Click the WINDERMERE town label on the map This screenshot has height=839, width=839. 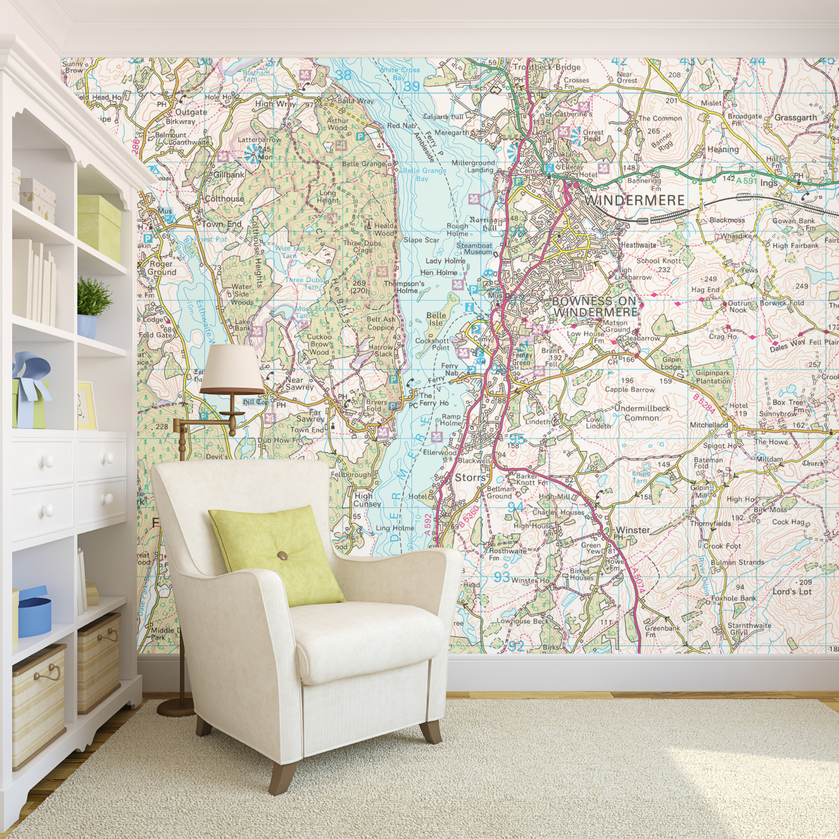tap(634, 201)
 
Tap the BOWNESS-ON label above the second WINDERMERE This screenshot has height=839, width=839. tap(594, 301)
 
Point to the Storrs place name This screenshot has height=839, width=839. tap(470, 477)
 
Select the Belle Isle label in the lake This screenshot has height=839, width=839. tap(436, 319)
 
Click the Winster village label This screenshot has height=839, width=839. tap(633, 530)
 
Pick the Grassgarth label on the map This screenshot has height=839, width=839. tap(795, 118)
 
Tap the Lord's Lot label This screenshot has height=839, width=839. tap(792, 591)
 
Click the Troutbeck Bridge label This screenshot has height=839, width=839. tap(547, 67)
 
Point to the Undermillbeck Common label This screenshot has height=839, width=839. tap(642, 413)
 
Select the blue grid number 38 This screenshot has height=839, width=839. tap(343, 75)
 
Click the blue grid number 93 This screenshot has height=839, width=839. tap(501, 577)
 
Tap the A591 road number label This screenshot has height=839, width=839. tap(746, 181)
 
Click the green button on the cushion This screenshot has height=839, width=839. tap(282, 555)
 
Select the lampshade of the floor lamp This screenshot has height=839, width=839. tap(232, 370)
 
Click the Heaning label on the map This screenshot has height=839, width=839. tap(723, 150)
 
